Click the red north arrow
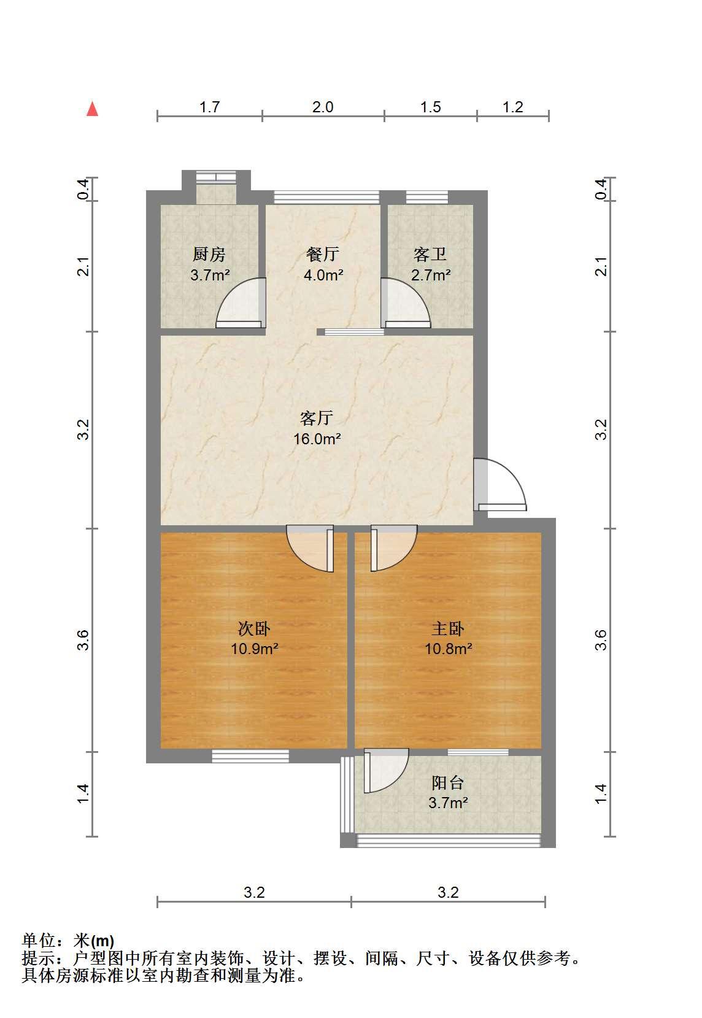click(x=92, y=109)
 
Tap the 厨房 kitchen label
click(x=209, y=254)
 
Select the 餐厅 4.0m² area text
click(x=323, y=275)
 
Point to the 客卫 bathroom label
click(x=430, y=254)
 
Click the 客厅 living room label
click(x=317, y=418)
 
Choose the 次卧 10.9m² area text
click(x=255, y=649)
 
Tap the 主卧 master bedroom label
click(x=447, y=628)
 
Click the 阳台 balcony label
click(x=447, y=782)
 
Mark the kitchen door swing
click(x=241, y=303)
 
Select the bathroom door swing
click(x=405, y=303)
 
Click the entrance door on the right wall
click(x=499, y=485)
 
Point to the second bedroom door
click(x=310, y=548)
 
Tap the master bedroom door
click(x=394, y=548)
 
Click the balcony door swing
click(x=386, y=771)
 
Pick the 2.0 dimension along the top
click(x=323, y=107)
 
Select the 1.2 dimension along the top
click(x=513, y=107)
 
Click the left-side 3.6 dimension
click(x=83, y=640)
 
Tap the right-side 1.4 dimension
click(x=601, y=793)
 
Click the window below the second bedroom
click(x=250, y=756)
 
